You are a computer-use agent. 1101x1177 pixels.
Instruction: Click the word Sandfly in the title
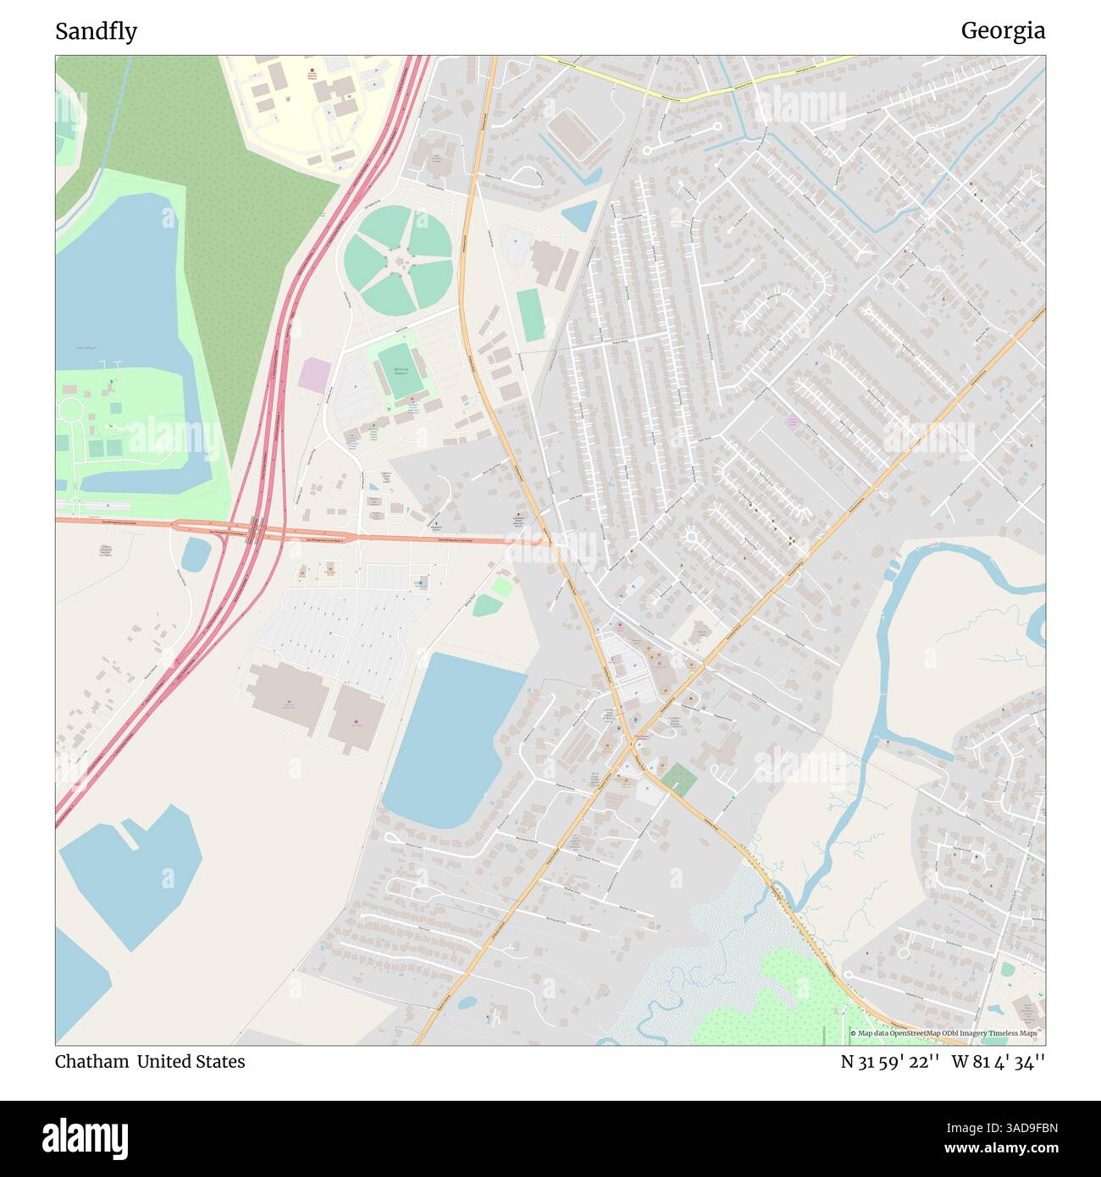(96, 31)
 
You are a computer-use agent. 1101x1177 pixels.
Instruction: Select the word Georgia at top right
(1003, 31)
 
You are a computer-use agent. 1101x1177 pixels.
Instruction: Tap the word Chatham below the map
(92, 1062)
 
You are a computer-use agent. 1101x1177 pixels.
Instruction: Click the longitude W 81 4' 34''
(999, 1062)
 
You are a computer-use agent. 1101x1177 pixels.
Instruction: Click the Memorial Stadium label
(401, 370)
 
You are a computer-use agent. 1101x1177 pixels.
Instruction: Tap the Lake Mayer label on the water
(86, 347)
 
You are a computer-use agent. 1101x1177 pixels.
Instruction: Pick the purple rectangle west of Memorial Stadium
(314, 374)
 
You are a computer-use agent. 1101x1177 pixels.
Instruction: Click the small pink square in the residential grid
(793, 421)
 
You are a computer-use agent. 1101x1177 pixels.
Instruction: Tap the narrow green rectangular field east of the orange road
(531, 315)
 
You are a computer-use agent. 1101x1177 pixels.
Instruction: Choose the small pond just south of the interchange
(196, 555)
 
